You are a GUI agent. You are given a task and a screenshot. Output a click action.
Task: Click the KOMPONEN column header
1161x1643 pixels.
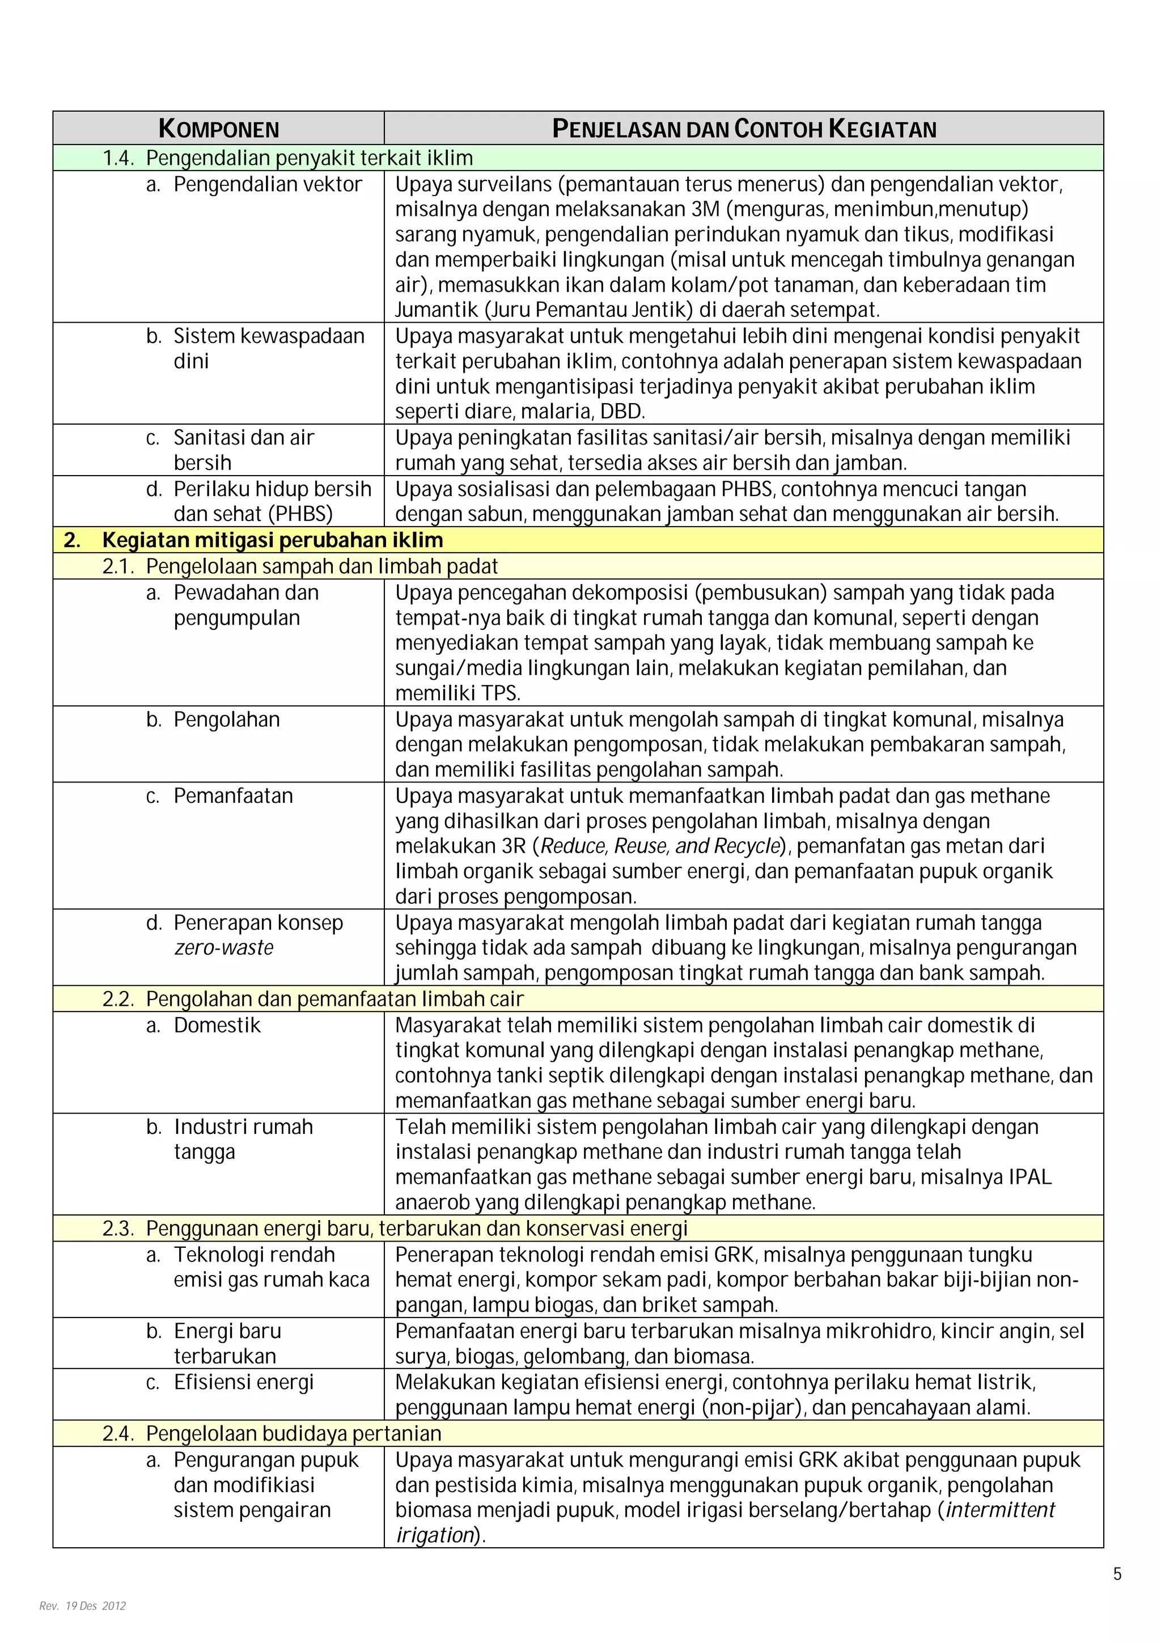218,129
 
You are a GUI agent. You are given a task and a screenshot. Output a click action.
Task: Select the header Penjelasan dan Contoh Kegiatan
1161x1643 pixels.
744,129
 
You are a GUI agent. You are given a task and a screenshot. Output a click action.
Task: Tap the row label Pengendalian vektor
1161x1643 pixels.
268,185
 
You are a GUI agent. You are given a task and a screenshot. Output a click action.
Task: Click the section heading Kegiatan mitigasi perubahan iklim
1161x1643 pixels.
272,540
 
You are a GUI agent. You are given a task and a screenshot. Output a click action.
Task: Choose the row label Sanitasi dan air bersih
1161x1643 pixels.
243,450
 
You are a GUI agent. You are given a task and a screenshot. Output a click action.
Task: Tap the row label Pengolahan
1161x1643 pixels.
226,720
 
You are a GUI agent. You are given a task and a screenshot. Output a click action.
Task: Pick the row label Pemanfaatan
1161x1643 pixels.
233,796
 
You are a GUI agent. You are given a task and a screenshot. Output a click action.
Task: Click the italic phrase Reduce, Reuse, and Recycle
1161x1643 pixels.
659,846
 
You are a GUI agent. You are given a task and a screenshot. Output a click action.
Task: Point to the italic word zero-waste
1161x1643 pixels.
223,948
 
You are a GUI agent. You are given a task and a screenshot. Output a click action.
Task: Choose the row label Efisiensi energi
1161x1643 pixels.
243,1383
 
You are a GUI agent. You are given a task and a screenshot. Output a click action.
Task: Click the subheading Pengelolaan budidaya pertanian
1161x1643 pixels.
293,1433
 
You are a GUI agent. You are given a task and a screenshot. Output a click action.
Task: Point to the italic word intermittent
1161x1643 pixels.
999,1510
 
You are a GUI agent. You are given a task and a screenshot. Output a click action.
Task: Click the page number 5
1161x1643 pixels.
1117,1574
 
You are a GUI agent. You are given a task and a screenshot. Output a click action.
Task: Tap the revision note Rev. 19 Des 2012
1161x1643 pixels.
82,1606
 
